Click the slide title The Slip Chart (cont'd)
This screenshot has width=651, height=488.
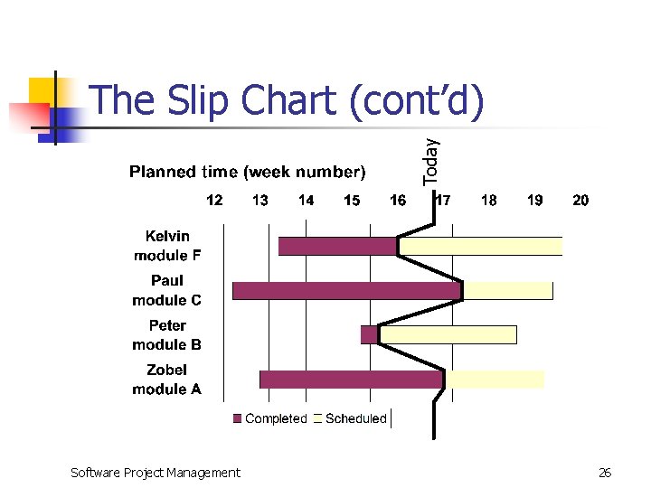click(x=288, y=100)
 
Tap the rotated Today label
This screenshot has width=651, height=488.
click(x=431, y=161)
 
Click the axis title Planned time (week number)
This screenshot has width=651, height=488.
click(x=247, y=172)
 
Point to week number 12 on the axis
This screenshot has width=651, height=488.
click(x=214, y=200)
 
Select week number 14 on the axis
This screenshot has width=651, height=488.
click(x=307, y=200)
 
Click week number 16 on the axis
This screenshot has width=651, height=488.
click(x=398, y=200)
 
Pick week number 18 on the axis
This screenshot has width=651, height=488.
click(x=489, y=200)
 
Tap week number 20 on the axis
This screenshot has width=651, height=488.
click(x=580, y=200)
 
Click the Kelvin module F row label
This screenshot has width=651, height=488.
click(x=167, y=246)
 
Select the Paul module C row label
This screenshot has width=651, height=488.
click(x=167, y=290)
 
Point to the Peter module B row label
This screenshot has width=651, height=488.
click(x=167, y=334)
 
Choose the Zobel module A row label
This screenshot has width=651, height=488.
click(x=167, y=380)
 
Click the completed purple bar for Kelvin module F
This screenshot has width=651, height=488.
click(x=337, y=246)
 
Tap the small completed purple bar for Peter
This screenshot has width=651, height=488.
click(x=369, y=334)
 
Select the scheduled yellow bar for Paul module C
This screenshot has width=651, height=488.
click(x=507, y=290)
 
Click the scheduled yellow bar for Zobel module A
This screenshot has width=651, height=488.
click(x=495, y=380)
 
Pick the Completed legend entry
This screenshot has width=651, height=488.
click(x=270, y=418)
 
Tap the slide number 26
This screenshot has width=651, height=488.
click(x=605, y=472)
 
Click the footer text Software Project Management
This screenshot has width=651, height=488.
click(x=156, y=472)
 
